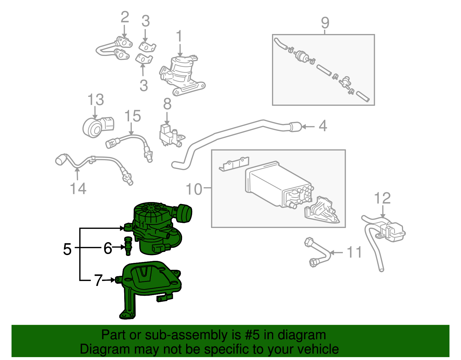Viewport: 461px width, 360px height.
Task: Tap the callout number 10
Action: coord(194,189)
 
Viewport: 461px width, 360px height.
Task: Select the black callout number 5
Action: coord(67,249)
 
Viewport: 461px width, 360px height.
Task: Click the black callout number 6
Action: coord(108,248)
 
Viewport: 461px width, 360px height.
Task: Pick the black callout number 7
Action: coord(98,280)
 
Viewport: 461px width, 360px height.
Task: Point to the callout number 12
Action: coord(382,198)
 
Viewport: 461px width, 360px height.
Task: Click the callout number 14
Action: coord(78,189)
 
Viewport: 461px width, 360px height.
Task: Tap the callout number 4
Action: coord(323,126)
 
